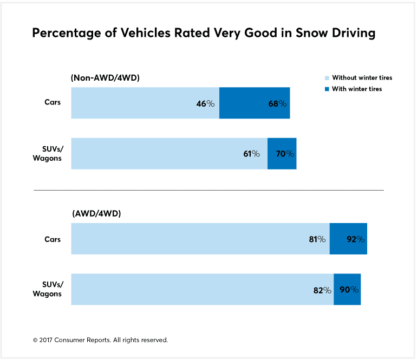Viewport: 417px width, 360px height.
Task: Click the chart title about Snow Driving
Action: point(204,33)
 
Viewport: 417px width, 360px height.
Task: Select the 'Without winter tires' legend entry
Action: point(361,78)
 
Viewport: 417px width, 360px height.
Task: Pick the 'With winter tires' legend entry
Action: point(356,89)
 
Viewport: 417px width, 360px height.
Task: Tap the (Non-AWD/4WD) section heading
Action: point(105,78)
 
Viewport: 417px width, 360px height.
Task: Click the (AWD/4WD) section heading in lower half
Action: point(96,214)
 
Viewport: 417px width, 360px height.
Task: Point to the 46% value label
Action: point(205,103)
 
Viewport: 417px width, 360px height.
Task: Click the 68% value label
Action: point(277,103)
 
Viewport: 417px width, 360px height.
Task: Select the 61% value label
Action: point(252,154)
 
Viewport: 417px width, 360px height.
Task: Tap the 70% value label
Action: point(285,154)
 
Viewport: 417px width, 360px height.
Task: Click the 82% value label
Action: point(322,290)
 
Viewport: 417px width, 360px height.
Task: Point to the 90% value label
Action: point(349,290)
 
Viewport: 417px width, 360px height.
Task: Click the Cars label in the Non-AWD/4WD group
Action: point(53,102)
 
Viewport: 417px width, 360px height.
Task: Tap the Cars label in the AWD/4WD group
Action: point(53,239)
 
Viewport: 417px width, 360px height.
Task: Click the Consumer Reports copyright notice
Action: point(100,340)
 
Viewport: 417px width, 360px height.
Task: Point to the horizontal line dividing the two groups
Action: point(208,190)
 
